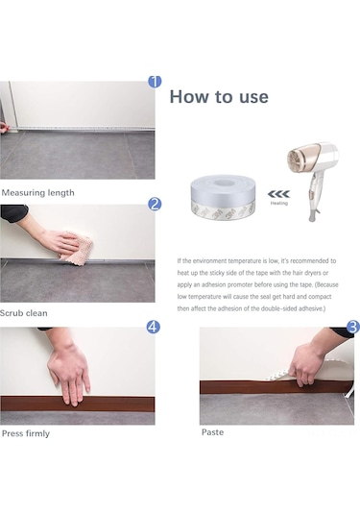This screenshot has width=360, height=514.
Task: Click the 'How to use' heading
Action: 219,97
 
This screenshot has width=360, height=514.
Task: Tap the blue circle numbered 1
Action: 155,82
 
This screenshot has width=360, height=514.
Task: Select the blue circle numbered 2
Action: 155,205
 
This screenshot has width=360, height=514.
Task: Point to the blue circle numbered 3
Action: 353,327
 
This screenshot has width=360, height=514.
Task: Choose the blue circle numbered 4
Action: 154,327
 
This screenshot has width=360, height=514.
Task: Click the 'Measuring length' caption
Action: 38,193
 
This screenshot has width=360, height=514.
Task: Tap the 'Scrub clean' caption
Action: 24,313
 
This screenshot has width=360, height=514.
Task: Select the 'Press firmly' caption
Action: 26,433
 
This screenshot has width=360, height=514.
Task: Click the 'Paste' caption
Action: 212,432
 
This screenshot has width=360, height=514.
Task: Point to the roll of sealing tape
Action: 224,197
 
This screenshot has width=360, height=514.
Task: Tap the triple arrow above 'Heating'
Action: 278,194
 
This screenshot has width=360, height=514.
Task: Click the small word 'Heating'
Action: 279,204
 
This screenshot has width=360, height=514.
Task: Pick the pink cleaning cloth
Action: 76,249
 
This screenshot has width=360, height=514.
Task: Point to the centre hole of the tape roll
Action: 224,183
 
